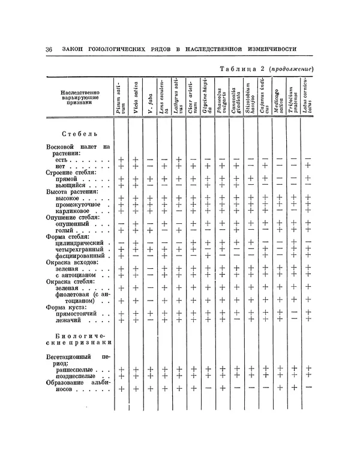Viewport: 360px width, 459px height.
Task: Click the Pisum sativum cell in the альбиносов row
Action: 121,389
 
